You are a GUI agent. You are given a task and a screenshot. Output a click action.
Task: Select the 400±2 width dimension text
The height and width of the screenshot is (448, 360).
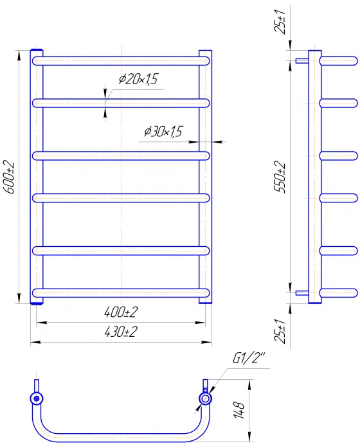[x=121, y=312]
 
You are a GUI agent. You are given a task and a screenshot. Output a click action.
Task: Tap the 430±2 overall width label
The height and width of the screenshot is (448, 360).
[x=121, y=332]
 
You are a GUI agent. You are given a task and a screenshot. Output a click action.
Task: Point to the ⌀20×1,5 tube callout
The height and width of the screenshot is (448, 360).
[x=138, y=79]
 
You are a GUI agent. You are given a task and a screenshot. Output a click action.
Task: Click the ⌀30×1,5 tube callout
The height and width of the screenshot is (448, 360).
[x=163, y=131]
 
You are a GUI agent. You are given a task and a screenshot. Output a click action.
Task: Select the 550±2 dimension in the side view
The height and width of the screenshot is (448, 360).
[x=280, y=177]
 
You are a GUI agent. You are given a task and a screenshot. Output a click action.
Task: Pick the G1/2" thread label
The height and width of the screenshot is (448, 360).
[x=249, y=358]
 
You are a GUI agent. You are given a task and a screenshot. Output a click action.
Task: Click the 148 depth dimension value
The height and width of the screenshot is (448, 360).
[x=239, y=410]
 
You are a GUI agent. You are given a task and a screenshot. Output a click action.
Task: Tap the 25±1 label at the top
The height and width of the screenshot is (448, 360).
[x=280, y=22]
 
